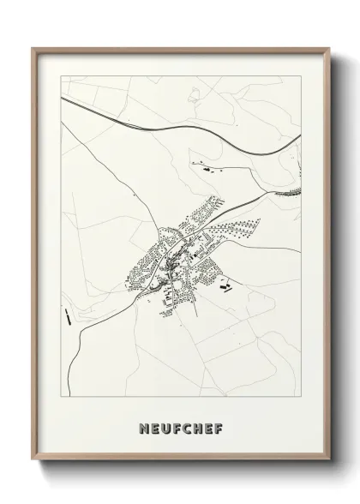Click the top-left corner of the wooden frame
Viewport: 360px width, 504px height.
point(33,48)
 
